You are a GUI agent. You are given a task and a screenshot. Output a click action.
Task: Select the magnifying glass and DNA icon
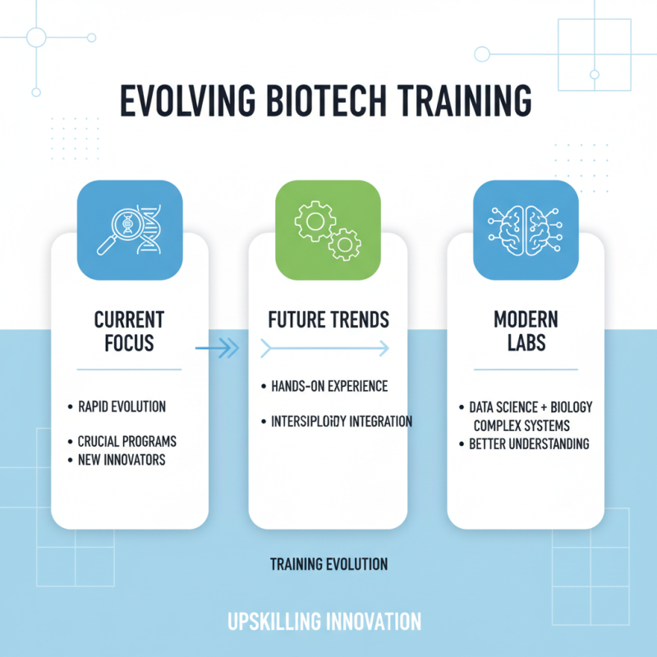130,230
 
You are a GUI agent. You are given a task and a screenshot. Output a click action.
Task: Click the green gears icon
328,230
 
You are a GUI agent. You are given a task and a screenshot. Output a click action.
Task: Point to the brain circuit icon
526,230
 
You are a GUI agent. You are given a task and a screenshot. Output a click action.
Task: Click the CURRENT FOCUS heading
129,330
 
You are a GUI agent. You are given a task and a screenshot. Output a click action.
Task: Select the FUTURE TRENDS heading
328,319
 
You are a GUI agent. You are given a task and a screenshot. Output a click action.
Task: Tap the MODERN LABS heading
526,330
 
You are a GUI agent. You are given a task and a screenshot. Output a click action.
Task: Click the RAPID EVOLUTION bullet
121,407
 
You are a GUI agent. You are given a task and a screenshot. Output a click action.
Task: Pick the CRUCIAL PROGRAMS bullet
126,441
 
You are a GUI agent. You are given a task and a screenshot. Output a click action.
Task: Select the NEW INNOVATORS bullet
121,460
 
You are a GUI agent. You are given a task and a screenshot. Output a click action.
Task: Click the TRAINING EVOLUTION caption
328,564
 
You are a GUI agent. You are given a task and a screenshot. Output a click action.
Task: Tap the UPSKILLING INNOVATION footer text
324,621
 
